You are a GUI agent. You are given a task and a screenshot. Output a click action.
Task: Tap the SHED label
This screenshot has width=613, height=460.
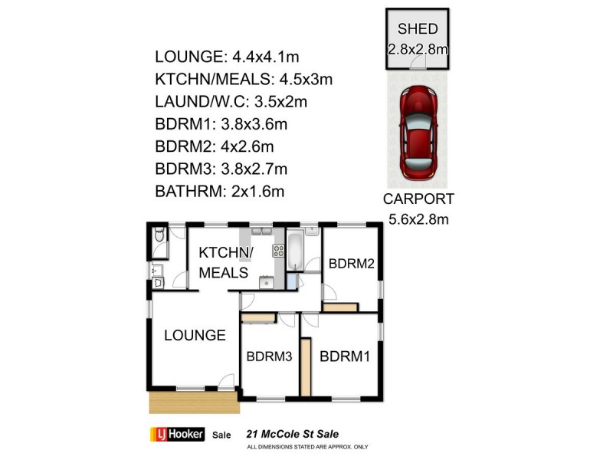417,30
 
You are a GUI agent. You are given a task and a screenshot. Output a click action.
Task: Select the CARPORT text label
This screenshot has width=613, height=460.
418,199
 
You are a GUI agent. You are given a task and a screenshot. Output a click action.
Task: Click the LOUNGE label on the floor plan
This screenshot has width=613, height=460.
194,335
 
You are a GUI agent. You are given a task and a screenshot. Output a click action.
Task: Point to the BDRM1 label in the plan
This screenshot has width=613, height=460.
345,356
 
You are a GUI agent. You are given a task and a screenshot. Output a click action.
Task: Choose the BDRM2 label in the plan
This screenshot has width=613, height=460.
351,264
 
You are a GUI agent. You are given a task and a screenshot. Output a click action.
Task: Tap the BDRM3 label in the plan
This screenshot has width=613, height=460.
269,356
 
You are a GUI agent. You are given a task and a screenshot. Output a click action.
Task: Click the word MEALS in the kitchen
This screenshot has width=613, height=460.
223,273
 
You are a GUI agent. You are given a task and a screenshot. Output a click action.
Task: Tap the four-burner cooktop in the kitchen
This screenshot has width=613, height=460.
277,251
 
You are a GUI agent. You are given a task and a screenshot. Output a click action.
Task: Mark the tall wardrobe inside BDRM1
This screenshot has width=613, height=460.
305,368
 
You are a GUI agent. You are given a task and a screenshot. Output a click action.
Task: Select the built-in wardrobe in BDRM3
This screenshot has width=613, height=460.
257,315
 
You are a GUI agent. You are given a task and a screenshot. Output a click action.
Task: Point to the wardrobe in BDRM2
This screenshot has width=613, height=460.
339,307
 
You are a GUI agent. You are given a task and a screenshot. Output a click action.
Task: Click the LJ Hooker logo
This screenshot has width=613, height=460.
175,434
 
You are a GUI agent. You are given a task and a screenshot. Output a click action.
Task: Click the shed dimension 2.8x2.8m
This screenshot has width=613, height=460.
417,49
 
